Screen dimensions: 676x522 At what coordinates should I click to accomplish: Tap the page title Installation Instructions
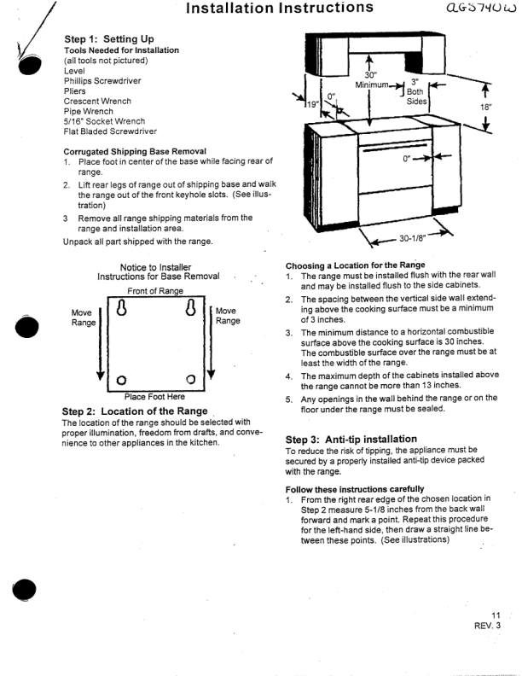(x=267, y=9)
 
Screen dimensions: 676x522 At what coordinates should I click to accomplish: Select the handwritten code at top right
(x=478, y=9)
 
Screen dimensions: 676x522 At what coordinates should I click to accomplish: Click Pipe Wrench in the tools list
(x=89, y=111)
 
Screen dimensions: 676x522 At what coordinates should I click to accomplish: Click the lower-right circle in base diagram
(x=189, y=380)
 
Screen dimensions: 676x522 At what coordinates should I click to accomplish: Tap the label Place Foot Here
(x=159, y=396)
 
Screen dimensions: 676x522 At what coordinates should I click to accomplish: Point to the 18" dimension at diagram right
(x=486, y=108)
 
